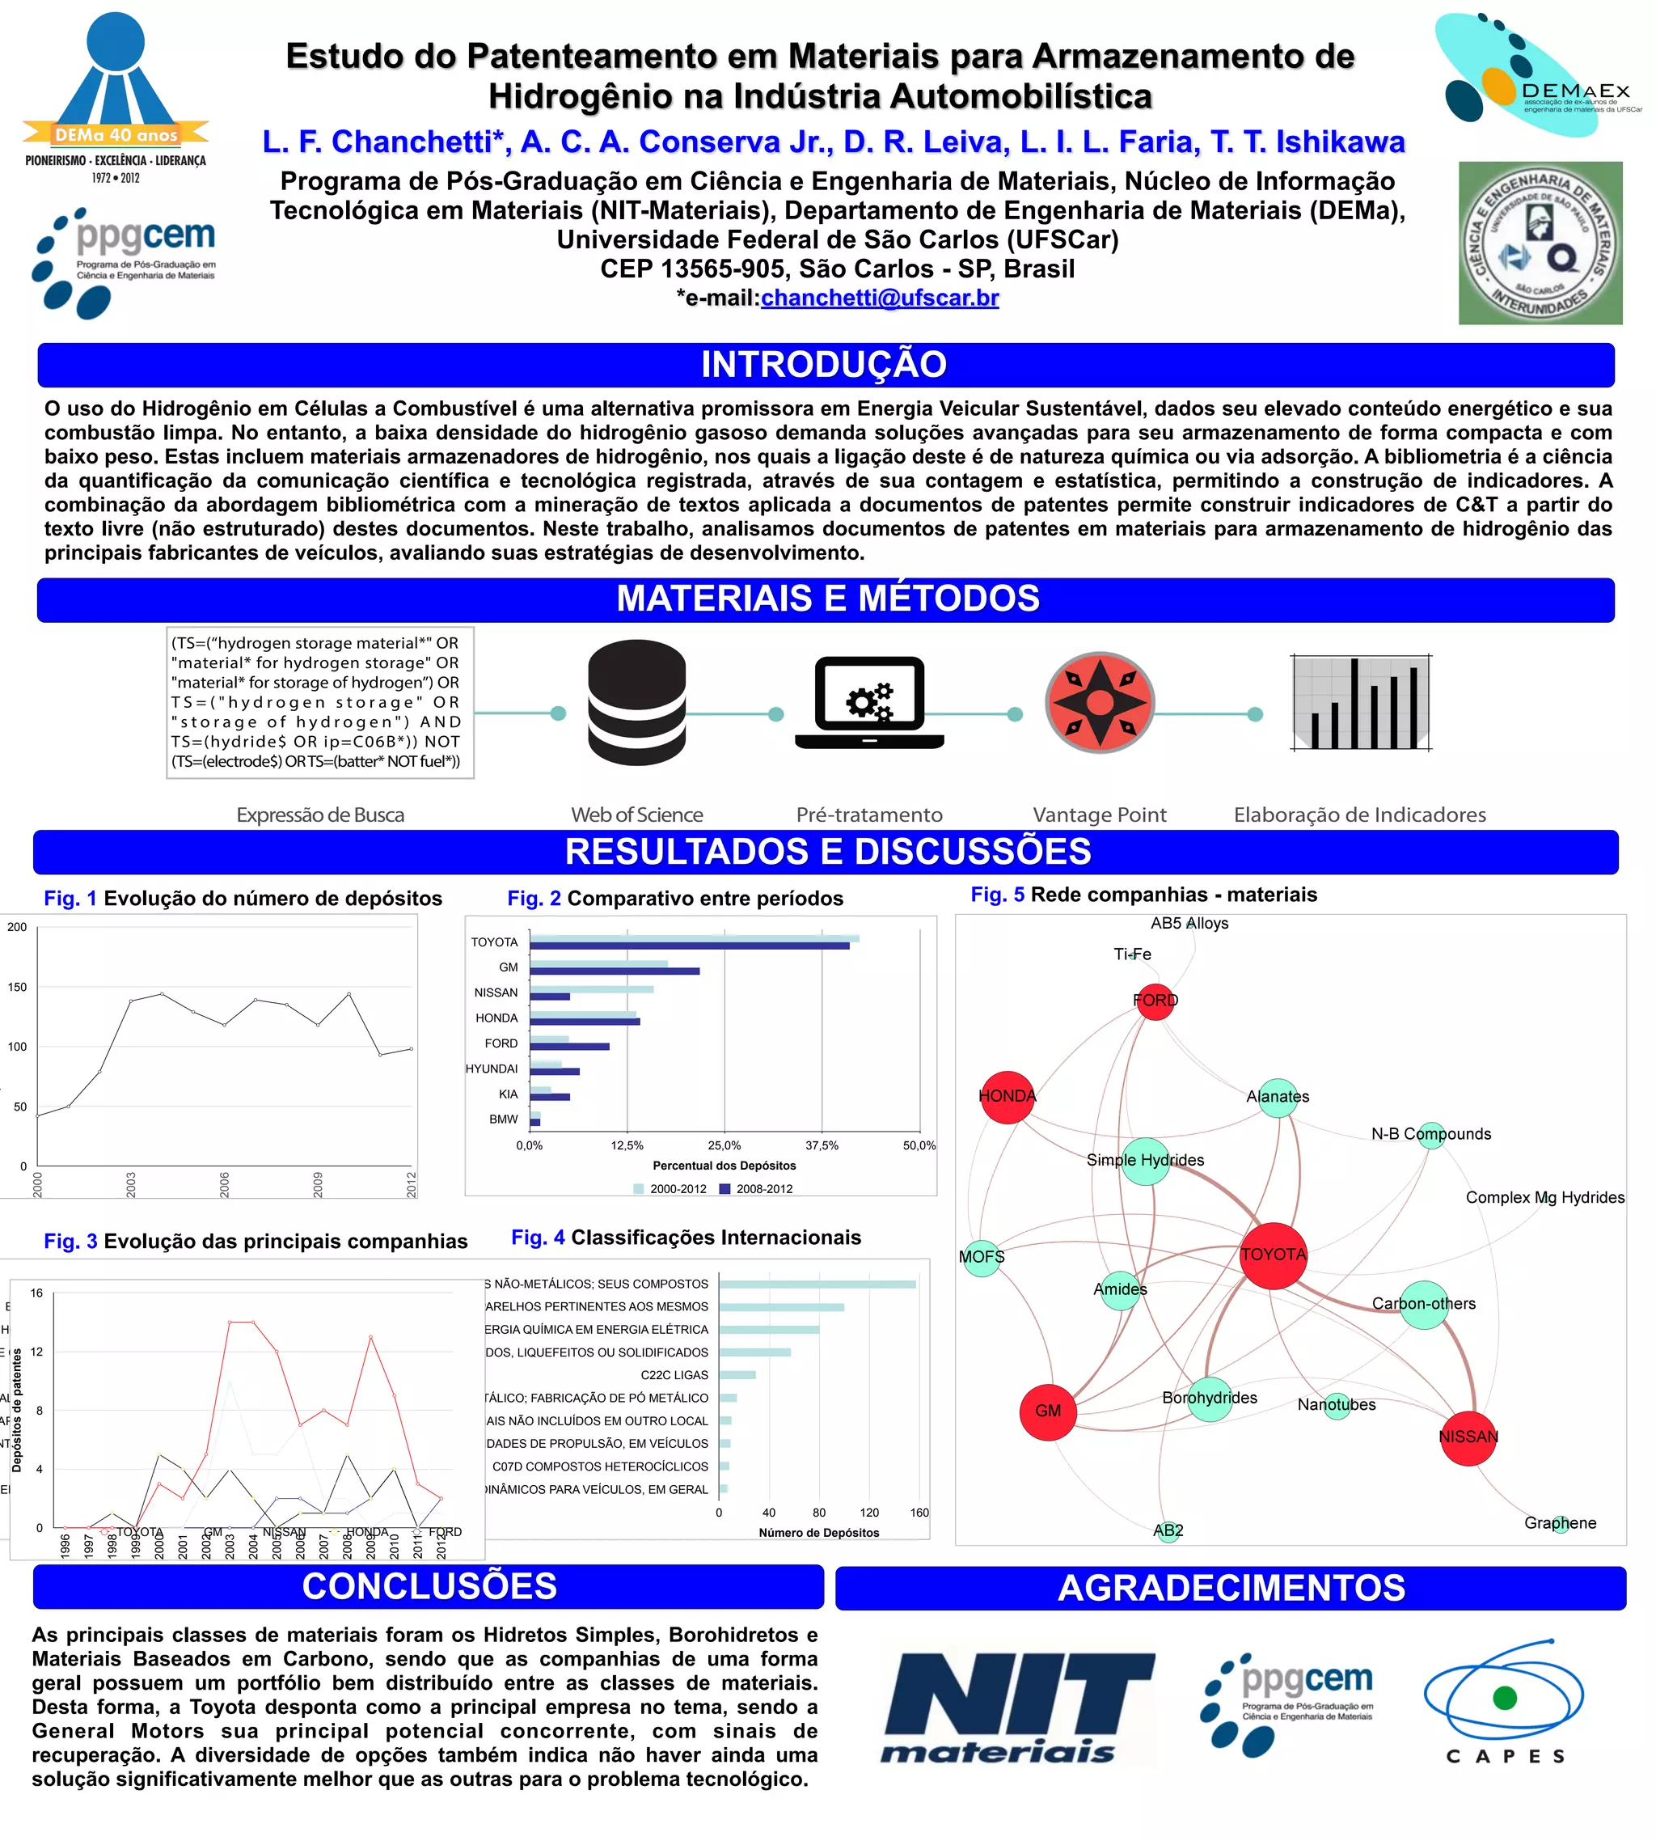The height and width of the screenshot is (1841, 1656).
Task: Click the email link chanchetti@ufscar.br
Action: click(x=879, y=298)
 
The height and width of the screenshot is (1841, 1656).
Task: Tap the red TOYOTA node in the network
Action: click(x=1273, y=1255)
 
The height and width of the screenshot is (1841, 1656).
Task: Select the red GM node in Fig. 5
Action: click(x=1048, y=1411)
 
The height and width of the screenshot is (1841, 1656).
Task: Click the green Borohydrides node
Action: click(x=1209, y=1399)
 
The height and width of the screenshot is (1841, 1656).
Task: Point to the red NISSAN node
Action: click(x=1468, y=1437)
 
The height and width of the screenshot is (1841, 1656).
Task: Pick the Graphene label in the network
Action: click(x=1560, y=1522)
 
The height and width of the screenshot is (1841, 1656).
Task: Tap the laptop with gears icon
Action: click(x=869, y=703)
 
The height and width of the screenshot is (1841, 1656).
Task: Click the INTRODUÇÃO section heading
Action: click(x=824, y=365)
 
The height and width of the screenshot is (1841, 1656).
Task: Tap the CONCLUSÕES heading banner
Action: click(x=429, y=1586)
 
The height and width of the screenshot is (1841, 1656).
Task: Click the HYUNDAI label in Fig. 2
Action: click(x=492, y=1069)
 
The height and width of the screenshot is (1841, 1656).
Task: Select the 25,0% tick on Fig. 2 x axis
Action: click(x=724, y=1145)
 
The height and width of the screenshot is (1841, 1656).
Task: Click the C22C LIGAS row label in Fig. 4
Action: click(x=674, y=1375)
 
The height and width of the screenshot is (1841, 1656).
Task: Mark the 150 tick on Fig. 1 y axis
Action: click(x=17, y=987)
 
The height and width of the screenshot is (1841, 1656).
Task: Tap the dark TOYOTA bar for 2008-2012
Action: click(x=689, y=946)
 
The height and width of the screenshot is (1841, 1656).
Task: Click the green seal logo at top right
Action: click(x=1540, y=243)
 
